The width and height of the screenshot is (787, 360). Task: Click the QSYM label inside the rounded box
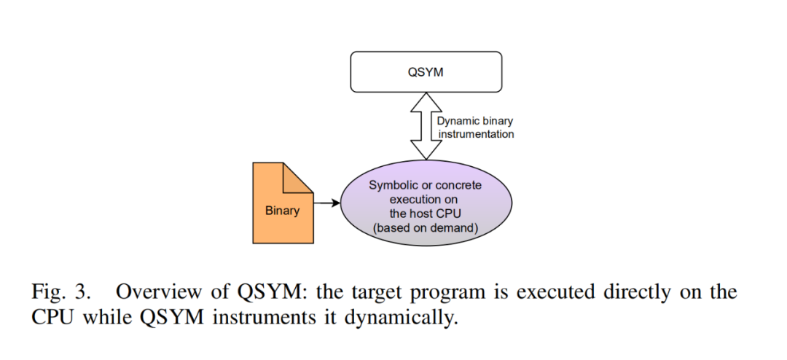coord(426,72)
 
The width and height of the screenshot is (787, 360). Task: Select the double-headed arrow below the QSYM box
coord(426,126)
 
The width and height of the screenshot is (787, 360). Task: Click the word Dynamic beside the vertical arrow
coord(456,122)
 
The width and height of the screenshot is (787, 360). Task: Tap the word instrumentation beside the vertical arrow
coord(476,135)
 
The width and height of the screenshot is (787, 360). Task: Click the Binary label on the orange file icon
coord(282,211)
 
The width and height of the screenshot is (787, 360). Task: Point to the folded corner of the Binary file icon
coord(298,178)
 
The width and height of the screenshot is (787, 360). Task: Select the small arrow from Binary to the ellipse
coord(326,203)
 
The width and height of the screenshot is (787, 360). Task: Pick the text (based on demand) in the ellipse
coord(425,228)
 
